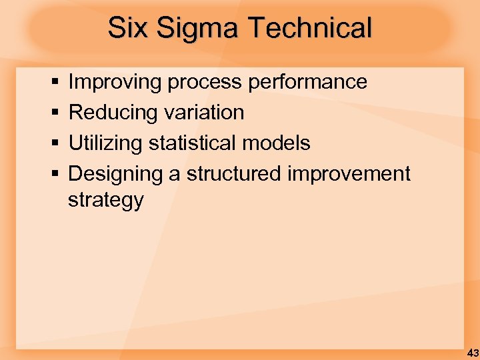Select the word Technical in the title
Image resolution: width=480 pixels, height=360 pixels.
pos(310,29)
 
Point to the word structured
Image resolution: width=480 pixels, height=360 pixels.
pos(234,174)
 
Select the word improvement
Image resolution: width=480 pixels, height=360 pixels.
pos(349,174)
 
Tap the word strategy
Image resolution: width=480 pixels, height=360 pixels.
pos(105,201)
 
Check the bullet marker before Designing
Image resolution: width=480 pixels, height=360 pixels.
pos(55,175)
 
